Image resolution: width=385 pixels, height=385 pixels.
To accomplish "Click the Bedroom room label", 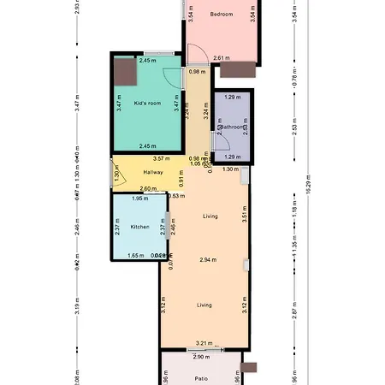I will pyautogui.click(x=222, y=14).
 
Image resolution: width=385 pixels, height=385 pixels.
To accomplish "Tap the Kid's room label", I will pyautogui.click(x=148, y=103).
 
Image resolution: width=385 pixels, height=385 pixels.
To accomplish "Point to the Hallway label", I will pyautogui.click(x=141, y=172).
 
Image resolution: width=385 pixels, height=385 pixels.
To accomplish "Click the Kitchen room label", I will pyautogui.click(x=139, y=227).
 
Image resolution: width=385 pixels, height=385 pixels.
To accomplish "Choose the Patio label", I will pyautogui.click(x=201, y=377).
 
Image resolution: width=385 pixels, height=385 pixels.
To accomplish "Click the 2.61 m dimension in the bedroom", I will pyautogui.click(x=221, y=58).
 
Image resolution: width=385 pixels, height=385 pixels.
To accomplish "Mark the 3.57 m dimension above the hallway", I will pyautogui.click(x=159, y=158).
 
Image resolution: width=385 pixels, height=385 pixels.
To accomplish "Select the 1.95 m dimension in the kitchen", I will pyautogui.click(x=139, y=198).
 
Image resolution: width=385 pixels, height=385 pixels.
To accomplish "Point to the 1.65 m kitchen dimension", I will pyautogui.click(x=135, y=255).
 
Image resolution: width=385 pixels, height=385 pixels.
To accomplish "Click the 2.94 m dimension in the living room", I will pyautogui.click(x=207, y=258).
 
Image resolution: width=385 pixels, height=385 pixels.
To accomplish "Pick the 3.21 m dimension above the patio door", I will pyautogui.click(x=204, y=343).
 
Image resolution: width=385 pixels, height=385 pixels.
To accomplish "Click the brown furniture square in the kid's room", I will pyautogui.click(x=126, y=71).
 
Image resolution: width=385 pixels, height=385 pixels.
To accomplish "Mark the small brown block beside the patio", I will pyautogui.click(x=248, y=367).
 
